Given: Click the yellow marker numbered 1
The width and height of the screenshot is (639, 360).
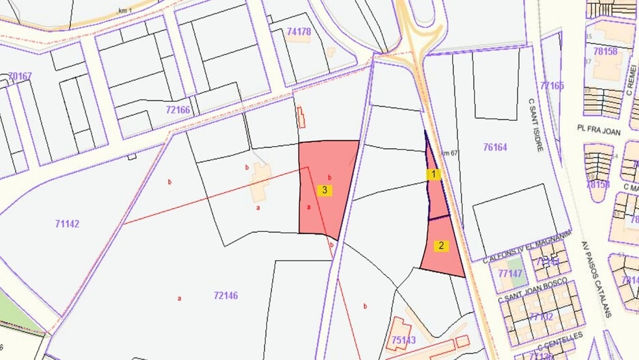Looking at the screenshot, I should tap(433, 174).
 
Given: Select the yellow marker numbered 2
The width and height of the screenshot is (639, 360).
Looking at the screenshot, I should tap(442, 246).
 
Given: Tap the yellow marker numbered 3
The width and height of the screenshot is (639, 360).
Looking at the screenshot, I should tap(326, 190).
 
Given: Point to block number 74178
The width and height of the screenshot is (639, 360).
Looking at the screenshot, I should tap(299, 31).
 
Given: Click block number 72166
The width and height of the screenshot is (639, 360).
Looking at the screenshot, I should tap(177, 110).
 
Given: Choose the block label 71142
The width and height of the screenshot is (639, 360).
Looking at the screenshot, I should tap(68, 224).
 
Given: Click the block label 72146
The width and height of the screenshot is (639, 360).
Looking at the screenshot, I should tap(225, 296).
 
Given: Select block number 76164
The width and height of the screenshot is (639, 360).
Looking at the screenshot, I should tap(495, 148).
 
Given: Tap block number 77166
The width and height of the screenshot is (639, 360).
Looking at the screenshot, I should tap(552, 85).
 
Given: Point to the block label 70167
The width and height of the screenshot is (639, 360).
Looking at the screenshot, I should tap(20, 76).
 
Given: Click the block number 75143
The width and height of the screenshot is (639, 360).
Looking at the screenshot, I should tap(403, 339).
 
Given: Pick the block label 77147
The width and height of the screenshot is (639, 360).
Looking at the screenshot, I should tap(510, 274).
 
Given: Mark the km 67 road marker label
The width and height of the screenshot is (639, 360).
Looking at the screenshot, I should tap(450, 153).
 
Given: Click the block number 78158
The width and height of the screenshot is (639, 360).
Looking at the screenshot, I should tap(605, 51).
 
